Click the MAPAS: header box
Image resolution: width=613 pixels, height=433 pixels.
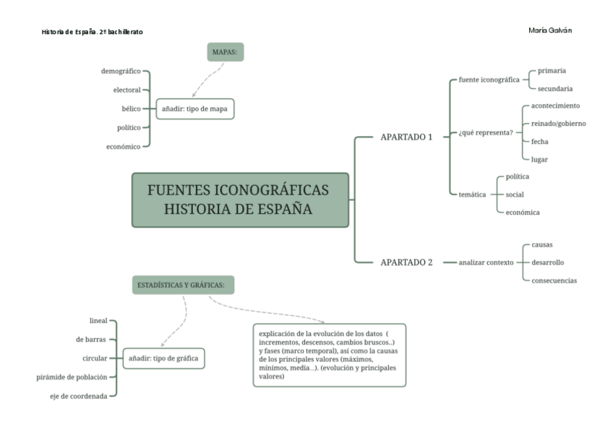(224, 52)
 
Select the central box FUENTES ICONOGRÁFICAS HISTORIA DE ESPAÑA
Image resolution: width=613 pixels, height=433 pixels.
(240, 200)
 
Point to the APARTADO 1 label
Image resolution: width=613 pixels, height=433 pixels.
(406, 136)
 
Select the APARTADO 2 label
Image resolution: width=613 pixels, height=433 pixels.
(406, 262)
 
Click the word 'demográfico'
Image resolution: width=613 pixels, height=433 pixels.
(121, 72)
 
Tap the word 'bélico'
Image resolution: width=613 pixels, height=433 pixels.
(131, 108)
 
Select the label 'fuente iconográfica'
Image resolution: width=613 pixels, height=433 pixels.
(489, 80)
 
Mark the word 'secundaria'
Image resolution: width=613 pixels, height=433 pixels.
(555, 88)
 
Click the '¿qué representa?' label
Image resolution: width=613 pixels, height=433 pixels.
(485, 132)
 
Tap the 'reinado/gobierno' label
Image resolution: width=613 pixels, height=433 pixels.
(558, 124)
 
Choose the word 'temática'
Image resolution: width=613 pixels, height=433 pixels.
(472, 194)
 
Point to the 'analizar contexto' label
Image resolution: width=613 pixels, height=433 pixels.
(485, 262)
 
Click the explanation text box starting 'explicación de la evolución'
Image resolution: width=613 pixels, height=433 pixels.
(329, 355)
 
